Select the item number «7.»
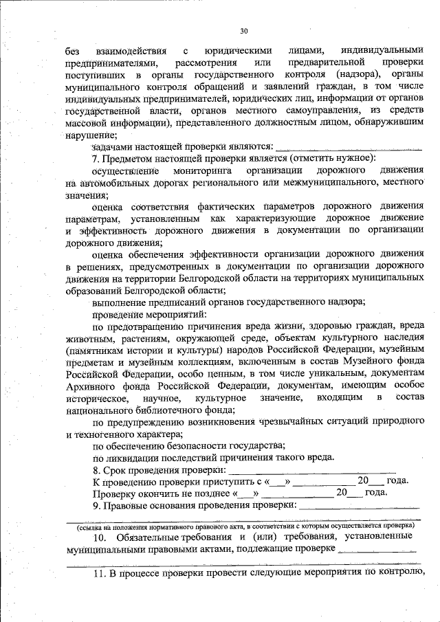[98, 158]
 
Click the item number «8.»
[98, 469]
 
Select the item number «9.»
[98, 505]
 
